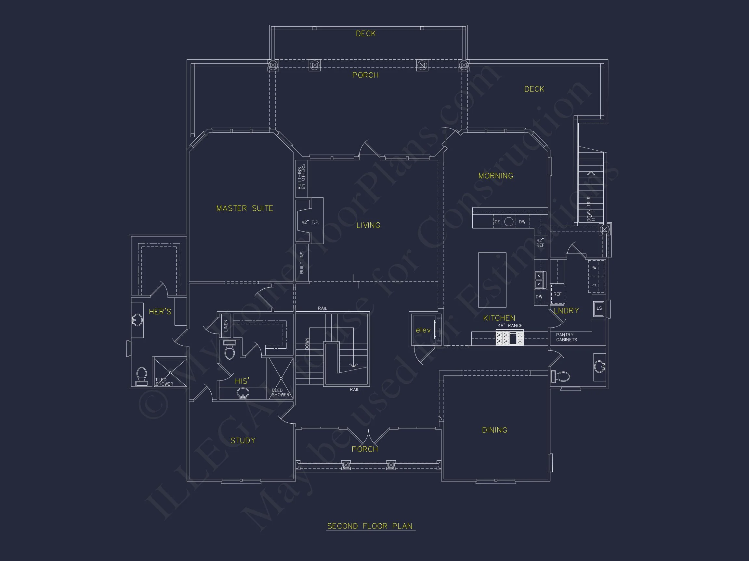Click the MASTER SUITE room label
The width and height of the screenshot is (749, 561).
coord(244,208)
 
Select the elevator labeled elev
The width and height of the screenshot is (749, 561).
coord(423,330)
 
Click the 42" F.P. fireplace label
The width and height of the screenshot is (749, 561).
coord(310,222)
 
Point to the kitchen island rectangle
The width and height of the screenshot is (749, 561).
coord(492,280)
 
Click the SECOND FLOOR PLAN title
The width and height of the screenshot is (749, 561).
coord(370,526)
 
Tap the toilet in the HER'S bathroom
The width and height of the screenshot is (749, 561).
coord(141,376)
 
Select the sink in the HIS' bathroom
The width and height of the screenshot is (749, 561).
coord(243,393)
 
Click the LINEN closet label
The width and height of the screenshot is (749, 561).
coord(226,326)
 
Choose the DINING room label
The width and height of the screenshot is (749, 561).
coord(494,430)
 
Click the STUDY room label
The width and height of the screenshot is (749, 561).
coord(243,441)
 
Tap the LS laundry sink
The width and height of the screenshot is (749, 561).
coord(599,308)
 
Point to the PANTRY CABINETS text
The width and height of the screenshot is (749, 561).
coord(566,337)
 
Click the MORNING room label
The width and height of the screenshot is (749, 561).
coord(496,176)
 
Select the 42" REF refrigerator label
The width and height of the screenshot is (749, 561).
coord(540,243)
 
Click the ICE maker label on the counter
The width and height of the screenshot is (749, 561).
coord(497,222)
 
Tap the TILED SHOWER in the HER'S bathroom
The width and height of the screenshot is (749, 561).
coord(170,372)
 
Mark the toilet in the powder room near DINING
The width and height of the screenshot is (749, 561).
coord(562,376)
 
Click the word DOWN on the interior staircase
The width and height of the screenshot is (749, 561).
coord(307,343)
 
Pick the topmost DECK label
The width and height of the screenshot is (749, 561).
coord(366,34)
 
